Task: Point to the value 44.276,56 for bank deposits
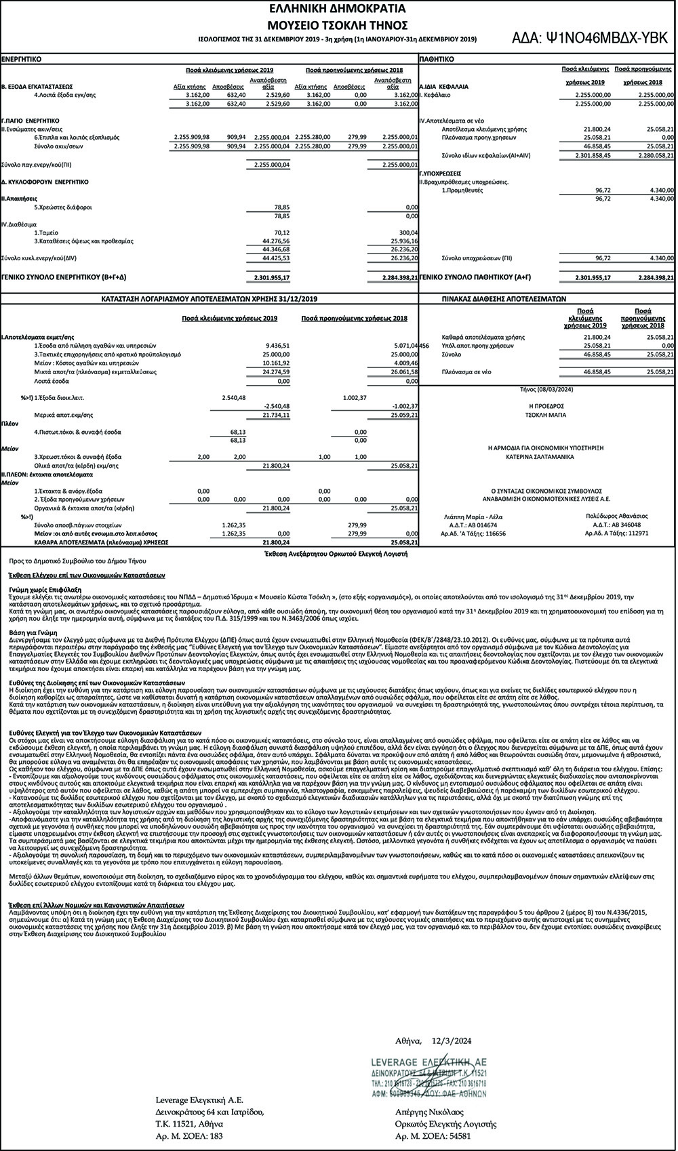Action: point(277,241)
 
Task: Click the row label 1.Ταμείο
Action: point(47,232)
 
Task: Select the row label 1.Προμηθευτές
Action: point(463,190)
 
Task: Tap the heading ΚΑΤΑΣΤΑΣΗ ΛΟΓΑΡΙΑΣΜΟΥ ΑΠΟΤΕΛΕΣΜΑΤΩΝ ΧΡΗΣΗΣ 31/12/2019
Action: point(210,298)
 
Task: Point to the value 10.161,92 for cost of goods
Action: point(276,363)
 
